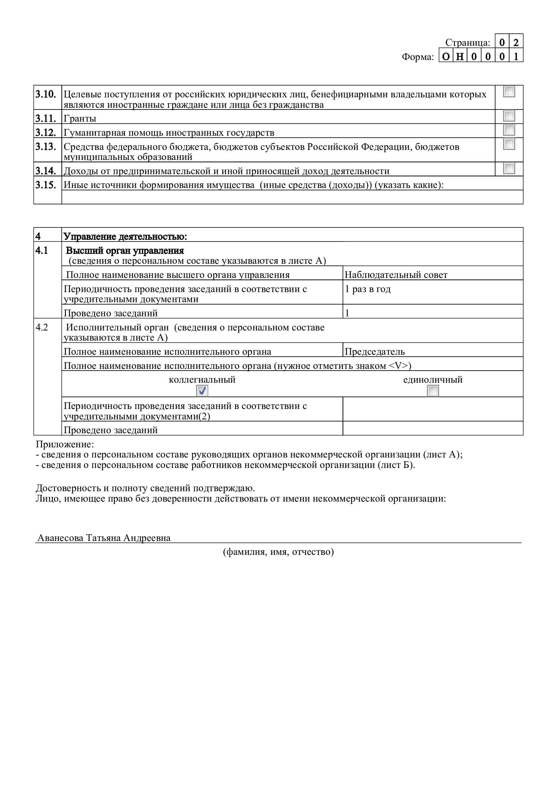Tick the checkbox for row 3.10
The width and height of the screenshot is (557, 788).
(x=509, y=92)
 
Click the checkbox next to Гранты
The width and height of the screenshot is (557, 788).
(x=509, y=116)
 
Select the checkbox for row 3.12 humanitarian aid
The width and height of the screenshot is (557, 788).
(x=509, y=130)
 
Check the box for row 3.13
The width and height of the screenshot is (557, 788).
(x=509, y=144)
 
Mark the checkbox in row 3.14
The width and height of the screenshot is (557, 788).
(x=509, y=168)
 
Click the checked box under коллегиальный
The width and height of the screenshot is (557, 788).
(x=202, y=390)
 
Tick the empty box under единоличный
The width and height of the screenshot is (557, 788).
(x=433, y=390)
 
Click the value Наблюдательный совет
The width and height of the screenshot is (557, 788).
(x=396, y=275)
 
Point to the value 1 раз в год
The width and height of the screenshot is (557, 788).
(x=368, y=289)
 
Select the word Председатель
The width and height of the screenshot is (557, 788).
(x=374, y=352)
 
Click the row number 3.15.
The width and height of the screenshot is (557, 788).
(x=45, y=185)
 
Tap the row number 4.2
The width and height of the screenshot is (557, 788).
(x=42, y=327)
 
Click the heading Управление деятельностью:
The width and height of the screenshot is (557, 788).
(x=125, y=237)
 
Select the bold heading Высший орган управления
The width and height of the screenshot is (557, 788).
(x=125, y=251)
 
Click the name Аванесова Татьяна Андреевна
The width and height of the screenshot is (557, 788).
(x=104, y=538)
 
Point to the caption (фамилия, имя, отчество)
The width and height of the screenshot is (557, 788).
(x=278, y=552)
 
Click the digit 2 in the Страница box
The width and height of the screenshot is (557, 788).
(x=516, y=42)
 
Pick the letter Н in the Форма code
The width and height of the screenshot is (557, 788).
(x=460, y=57)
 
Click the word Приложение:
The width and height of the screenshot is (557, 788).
(x=65, y=444)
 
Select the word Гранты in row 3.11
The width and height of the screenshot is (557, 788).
(x=80, y=119)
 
